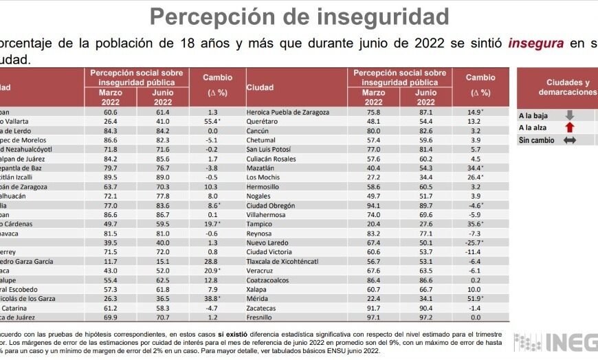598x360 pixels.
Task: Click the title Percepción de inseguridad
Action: [x=299, y=16]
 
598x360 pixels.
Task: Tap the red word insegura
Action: [x=536, y=43]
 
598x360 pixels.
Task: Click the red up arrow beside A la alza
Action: [x=569, y=128]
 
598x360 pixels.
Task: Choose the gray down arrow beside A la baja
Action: [x=569, y=116]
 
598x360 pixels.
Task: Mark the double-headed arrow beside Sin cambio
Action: [x=569, y=140]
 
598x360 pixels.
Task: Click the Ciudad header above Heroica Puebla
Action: [x=260, y=88]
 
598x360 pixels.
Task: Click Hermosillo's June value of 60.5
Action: [x=426, y=186]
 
